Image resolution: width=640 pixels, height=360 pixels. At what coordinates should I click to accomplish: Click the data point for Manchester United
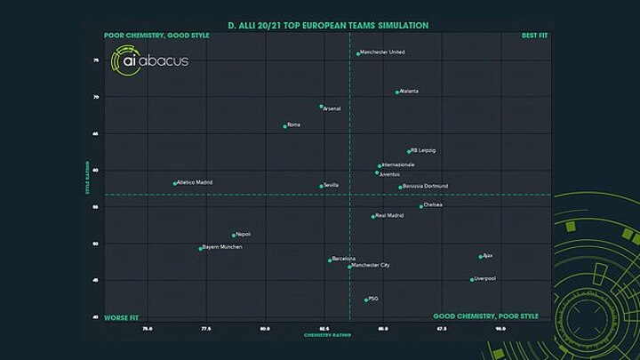click(358, 53)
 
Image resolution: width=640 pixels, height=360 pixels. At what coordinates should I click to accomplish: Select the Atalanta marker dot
click(397, 92)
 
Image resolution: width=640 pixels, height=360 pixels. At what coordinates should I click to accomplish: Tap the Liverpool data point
click(472, 279)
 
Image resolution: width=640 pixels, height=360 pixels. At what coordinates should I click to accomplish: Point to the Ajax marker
click(480, 257)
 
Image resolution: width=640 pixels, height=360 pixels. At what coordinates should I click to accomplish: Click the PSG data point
click(365, 300)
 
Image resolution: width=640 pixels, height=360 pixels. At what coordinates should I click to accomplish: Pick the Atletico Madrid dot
click(175, 183)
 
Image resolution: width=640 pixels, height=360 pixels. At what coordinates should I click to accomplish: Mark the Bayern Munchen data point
click(200, 248)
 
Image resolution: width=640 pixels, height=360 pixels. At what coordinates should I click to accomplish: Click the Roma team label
click(293, 124)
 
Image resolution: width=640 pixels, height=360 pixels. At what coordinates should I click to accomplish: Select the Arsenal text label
click(332, 108)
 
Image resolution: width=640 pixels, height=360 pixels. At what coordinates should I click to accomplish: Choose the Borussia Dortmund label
click(425, 186)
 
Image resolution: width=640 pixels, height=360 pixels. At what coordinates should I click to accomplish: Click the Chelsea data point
click(421, 206)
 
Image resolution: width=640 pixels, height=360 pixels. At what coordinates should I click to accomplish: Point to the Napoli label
click(243, 234)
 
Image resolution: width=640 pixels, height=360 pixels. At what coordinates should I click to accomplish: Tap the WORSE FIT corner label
click(121, 316)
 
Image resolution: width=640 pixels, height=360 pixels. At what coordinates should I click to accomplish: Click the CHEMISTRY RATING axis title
click(324, 335)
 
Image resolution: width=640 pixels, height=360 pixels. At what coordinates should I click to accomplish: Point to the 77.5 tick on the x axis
click(206, 328)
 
